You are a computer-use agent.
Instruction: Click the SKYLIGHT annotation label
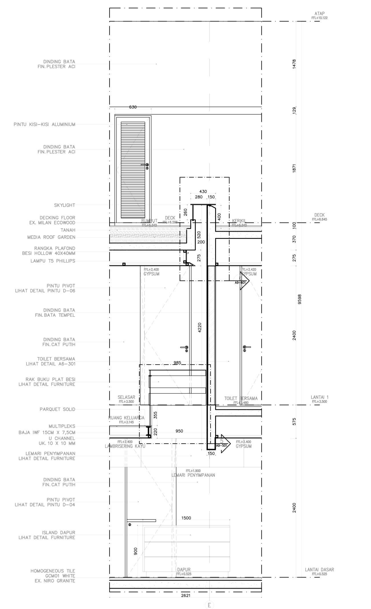(64, 205)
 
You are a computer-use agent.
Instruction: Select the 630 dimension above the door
(133, 107)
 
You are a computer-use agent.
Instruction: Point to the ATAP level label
(320, 14)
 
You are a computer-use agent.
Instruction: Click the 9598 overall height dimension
(299, 299)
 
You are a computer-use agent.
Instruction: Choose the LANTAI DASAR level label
(319, 570)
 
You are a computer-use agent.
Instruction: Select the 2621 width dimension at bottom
(186, 595)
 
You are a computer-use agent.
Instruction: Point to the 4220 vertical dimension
(199, 328)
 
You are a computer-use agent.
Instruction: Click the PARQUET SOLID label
(57, 409)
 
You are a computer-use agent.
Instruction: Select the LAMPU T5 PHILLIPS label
(53, 261)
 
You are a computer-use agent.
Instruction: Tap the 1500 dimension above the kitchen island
(186, 518)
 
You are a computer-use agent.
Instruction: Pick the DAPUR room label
(184, 570)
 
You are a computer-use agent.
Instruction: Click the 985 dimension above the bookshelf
(177, 363)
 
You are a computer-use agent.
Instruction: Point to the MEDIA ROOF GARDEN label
(51, 237)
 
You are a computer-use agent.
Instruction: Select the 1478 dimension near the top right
(294, 64)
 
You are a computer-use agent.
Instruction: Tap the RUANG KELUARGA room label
(126, 418)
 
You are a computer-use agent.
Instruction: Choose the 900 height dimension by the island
(135, 551)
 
